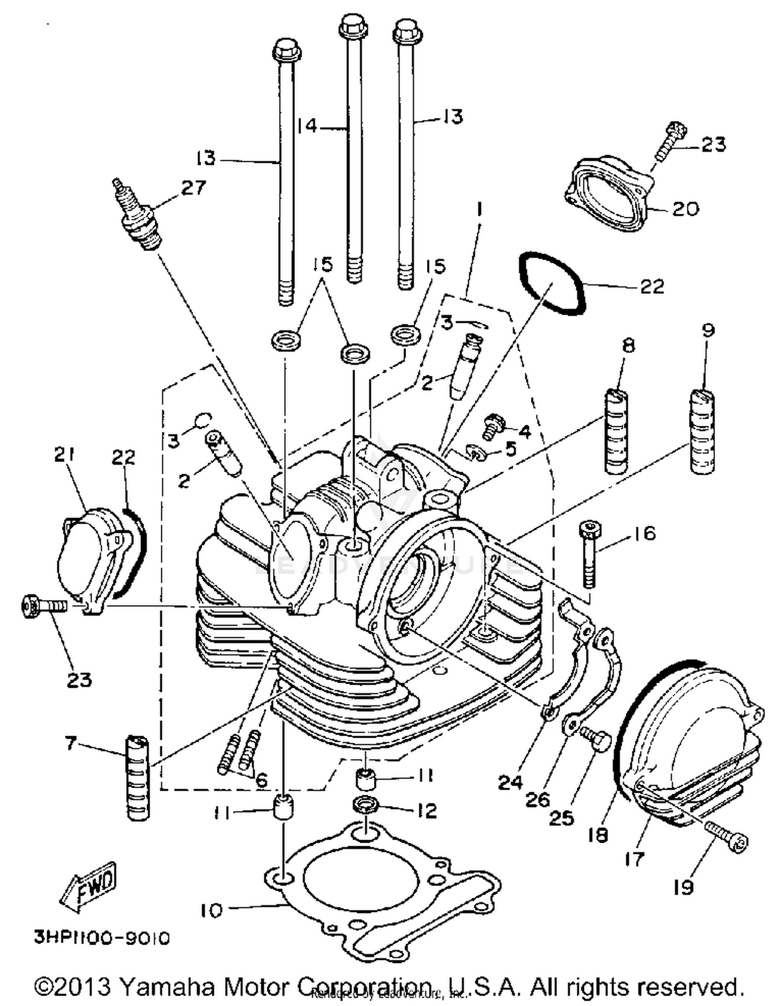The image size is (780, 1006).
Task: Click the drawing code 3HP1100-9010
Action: [x=102, y=938]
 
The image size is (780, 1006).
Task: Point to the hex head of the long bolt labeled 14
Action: [x=354, y=24]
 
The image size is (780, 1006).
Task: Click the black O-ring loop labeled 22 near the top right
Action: [x=552, y=283]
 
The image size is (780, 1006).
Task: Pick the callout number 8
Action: [x=629, y=345]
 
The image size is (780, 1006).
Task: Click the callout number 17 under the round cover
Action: [x=634, y=859]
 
